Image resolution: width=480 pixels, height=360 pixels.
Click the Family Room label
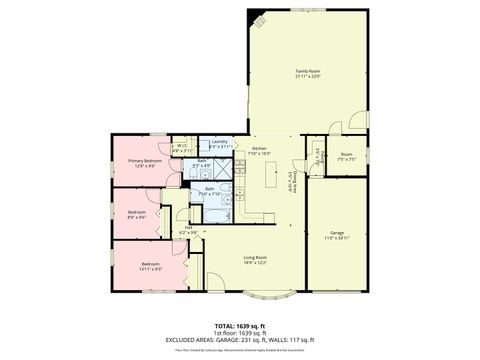tap(307, 71)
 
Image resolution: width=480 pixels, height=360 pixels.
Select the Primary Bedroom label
tap(145, 160)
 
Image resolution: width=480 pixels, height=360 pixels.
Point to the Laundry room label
tap(219, 142)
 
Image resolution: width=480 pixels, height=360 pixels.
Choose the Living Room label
tap(257, 257)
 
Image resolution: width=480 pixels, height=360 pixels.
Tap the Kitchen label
tap(259, 148)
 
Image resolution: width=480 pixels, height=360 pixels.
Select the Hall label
tap(188, 226)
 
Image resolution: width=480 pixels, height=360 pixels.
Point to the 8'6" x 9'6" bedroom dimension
tap(136, 217)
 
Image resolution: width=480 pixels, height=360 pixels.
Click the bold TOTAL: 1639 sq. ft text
tap(240, 325)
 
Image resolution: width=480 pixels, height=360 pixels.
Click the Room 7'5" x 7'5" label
tap(346, 156)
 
